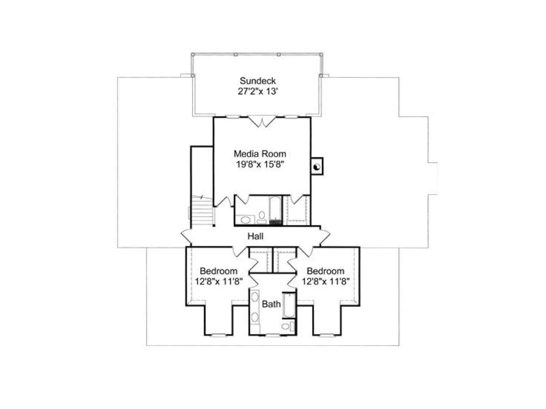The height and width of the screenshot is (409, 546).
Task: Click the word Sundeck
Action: click(x=257, y=81)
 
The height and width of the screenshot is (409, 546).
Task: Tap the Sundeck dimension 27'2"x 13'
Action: click(x=257, y=91)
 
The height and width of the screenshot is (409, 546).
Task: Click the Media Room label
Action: click(x=260, y=154)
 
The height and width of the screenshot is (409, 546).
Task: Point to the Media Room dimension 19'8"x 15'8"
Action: click(x=260, y=164)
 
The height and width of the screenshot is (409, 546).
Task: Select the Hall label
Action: click(x=256, y=236)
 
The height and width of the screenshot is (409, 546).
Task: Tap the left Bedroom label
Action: click(x=218, y=271)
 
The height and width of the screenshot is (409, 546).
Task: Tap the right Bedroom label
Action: click(x=325, y=271)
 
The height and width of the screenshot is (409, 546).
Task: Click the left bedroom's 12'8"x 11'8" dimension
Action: click(x=218, y=282)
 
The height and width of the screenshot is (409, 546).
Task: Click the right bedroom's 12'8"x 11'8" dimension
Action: click(x=326, y=282)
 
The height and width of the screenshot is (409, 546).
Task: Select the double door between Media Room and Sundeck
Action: click(x=262, y=122)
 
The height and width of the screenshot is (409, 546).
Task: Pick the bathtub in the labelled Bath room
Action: click(x=289, y=305)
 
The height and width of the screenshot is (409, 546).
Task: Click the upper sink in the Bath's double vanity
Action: click(x=255, y=297)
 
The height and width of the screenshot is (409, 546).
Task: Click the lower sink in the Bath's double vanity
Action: click(x=255, y=317)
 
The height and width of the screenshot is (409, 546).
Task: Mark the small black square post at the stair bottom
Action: click(x=214, y=226)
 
